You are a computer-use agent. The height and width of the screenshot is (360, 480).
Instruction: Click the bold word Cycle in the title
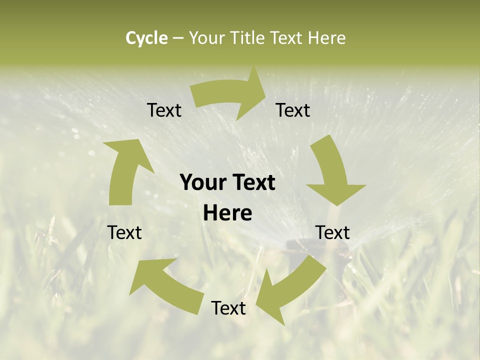146,38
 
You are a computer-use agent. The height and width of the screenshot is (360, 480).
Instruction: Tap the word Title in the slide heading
247,38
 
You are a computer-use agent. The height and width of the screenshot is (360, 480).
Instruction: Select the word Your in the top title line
206,38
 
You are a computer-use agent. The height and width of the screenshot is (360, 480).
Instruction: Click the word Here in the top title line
327,38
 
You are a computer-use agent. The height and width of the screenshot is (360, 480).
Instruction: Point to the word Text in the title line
287,38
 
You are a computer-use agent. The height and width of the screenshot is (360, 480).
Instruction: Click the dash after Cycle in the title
178,38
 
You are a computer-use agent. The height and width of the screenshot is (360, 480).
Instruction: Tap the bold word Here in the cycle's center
227,213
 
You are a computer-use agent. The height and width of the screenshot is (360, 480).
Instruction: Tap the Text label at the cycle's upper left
164,110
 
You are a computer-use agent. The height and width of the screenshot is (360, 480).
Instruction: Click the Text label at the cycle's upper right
293,110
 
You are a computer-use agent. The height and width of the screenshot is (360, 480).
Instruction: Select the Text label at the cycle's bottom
228,308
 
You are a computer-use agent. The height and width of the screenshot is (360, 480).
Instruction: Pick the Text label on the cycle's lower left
124,232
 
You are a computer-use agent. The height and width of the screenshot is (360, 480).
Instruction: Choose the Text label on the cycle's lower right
332,232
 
